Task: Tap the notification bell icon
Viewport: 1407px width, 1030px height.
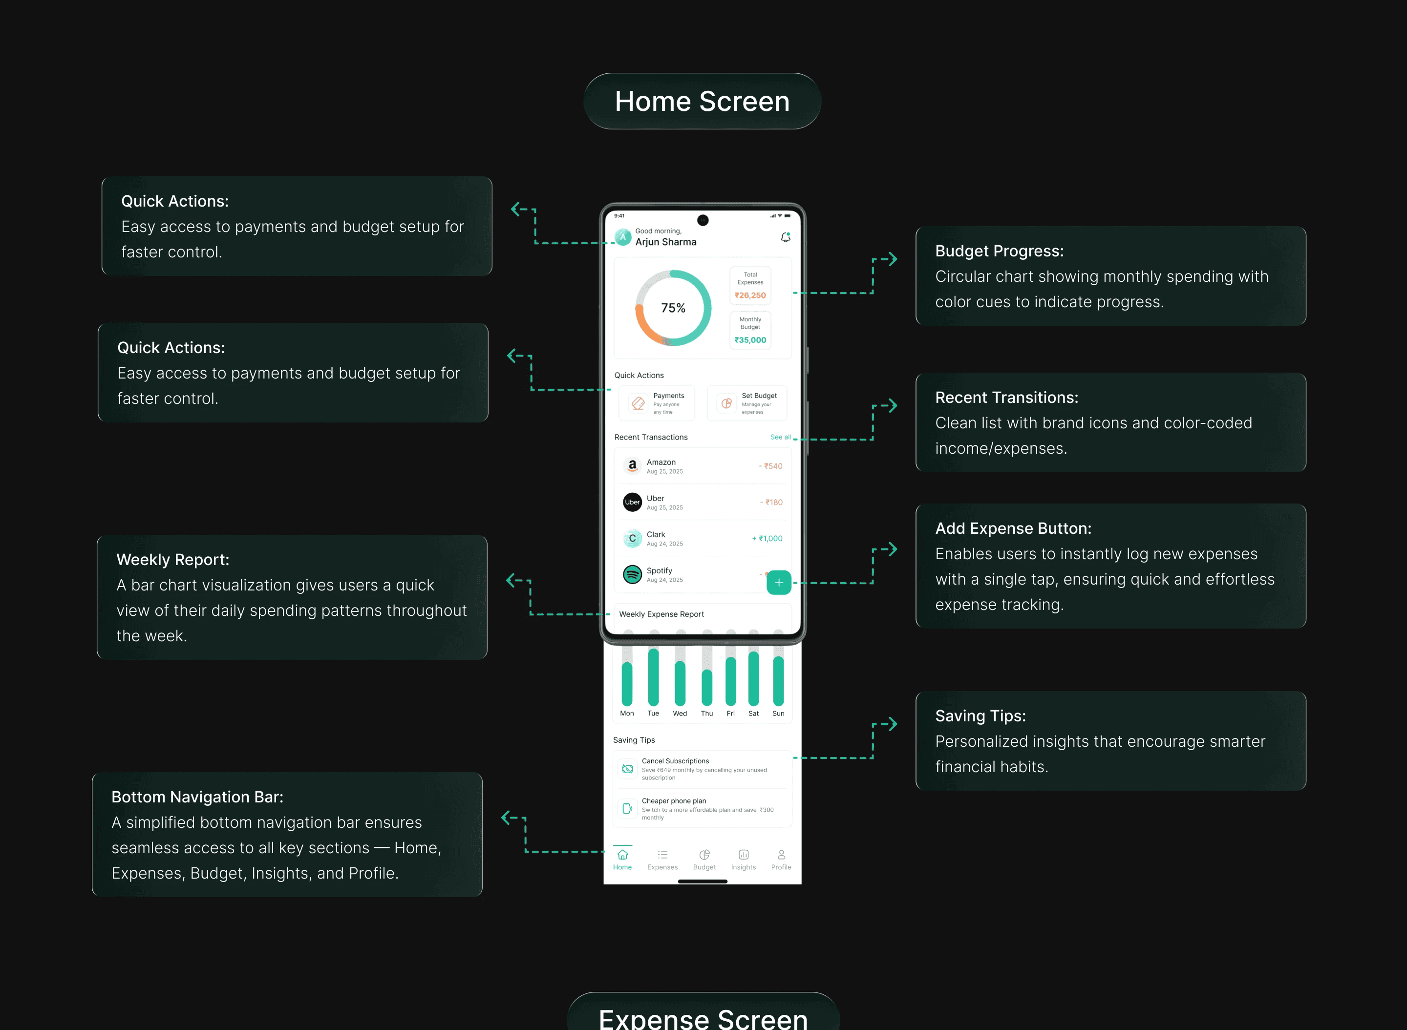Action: click(785, 237)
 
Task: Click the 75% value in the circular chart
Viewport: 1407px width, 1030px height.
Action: click(673, 308)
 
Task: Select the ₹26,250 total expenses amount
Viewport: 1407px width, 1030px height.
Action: click(750, 295)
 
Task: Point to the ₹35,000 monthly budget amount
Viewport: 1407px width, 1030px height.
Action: click(750, 340)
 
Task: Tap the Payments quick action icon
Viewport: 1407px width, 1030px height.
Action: click(638, 403)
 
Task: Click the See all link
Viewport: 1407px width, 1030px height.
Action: click(780, 437)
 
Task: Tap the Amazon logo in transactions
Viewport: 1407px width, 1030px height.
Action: click(632, 466)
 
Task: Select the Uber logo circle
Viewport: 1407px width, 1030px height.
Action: click(632, 502)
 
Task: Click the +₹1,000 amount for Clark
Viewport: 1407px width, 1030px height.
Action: click(767, 539)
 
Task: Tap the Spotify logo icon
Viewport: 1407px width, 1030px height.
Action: click(632, 574)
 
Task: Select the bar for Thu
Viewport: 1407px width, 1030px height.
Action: click(706, 686)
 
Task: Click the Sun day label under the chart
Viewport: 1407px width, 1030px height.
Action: click(778, 713)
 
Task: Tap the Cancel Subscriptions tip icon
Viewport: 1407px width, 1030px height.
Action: click(627, 769)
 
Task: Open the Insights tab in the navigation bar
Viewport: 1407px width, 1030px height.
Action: click(744, 859)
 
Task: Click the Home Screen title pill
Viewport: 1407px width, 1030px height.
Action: click(702, 102)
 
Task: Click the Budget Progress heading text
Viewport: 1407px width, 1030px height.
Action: click(999, 251)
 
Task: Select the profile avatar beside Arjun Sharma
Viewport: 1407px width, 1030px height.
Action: click(622, 237)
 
